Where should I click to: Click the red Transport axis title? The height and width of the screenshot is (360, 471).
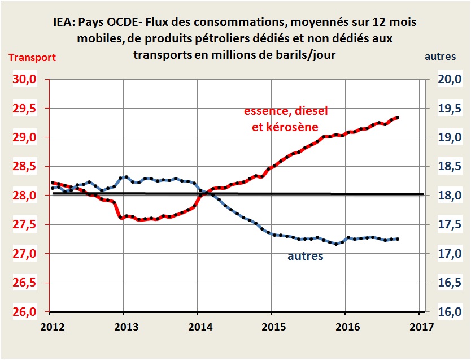pos(32,57)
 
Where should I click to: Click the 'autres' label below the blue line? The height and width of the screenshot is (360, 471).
pos(306,256)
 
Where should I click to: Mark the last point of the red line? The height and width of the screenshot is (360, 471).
pos(398,118)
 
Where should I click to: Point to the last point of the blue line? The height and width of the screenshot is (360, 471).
pos(398,239)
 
